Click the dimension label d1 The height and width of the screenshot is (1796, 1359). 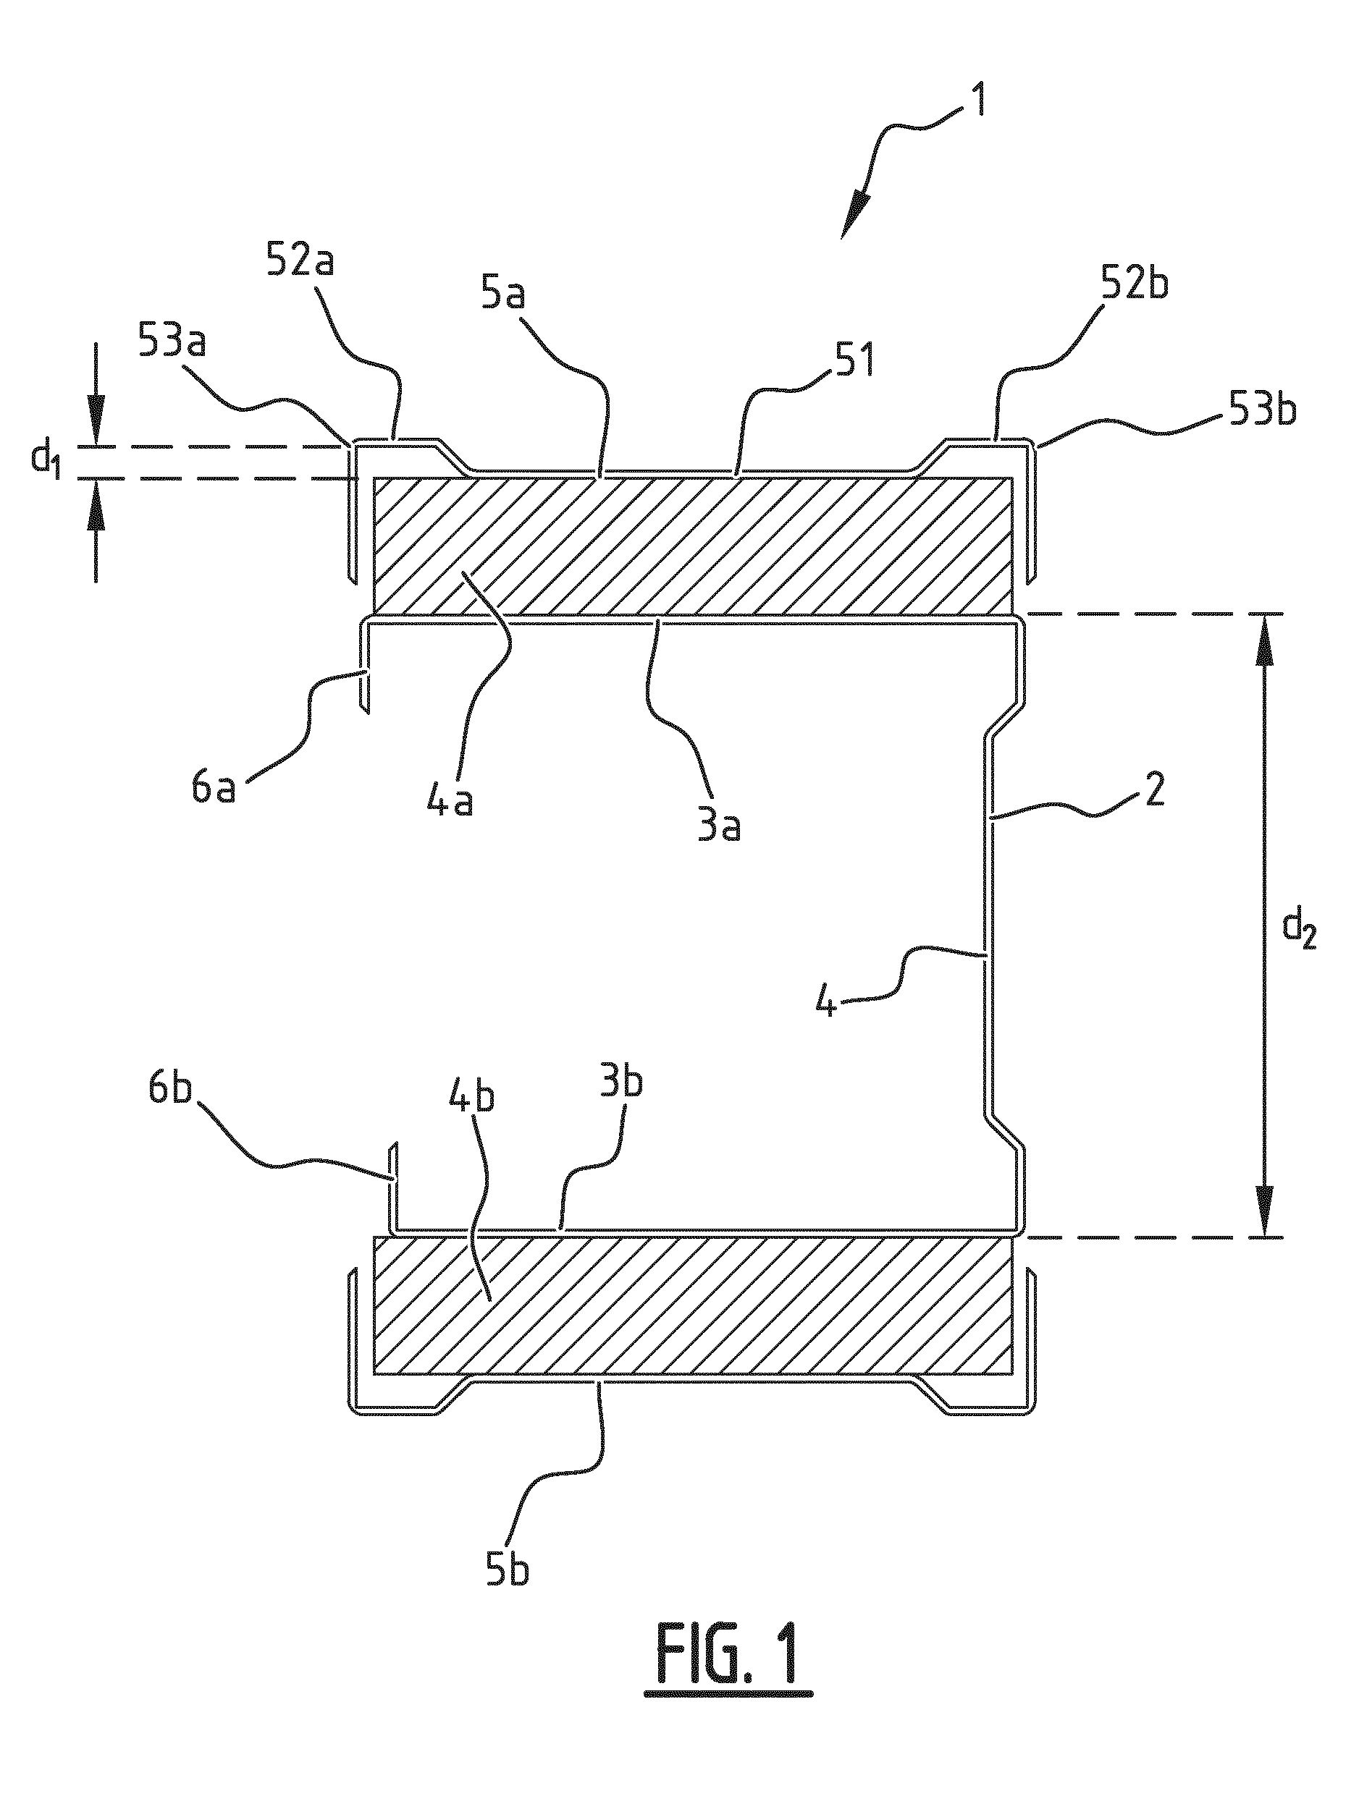(x=46, y=460)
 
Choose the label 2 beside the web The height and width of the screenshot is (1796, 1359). (x=1153, y=790)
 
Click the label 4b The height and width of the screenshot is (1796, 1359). (x=472, y=1098)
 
